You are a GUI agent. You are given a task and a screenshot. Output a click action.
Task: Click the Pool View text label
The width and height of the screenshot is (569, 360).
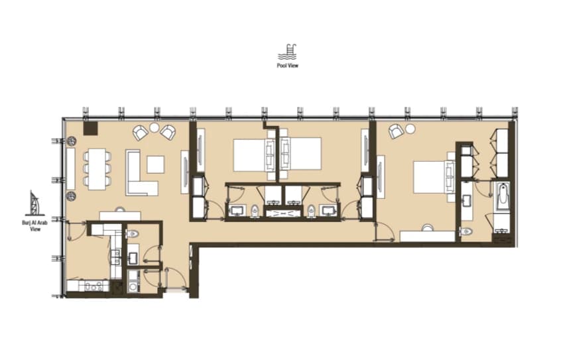click(287, 66)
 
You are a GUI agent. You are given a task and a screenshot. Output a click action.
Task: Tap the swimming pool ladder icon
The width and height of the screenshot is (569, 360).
click(287, 52)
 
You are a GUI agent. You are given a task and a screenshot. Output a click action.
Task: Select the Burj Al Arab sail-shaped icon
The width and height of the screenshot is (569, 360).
click(35, 204)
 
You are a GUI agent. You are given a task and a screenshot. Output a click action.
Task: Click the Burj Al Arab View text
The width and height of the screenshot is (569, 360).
click(35, 225)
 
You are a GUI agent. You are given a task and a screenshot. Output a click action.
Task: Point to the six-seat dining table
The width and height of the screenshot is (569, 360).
click(97, 169)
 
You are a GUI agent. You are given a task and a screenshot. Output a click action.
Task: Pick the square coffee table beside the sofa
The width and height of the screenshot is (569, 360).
click(155, 164)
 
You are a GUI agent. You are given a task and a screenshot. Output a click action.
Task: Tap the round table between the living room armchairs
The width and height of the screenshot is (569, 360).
click(155, 127)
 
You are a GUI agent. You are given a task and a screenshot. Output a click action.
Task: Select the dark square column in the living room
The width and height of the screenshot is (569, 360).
click(90, 128)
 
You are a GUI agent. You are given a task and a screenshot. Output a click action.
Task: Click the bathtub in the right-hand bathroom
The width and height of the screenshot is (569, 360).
click(502, 196)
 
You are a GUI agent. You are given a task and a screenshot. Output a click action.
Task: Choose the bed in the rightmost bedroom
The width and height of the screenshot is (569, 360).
click(434, 177)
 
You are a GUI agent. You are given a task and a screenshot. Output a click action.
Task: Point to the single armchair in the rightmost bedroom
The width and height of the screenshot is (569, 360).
click(396, 131)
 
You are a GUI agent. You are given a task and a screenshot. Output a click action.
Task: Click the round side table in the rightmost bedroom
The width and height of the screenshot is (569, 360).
click(410, 129)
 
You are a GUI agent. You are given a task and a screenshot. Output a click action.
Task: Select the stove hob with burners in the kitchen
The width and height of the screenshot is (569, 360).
click(93, 286)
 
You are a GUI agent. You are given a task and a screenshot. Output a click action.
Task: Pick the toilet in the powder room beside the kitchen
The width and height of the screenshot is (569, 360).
click(133, 233)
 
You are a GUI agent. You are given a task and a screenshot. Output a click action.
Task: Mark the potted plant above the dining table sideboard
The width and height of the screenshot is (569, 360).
click(71, 141)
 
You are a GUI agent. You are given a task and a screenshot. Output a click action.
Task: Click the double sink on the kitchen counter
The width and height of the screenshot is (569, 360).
click(116, 257)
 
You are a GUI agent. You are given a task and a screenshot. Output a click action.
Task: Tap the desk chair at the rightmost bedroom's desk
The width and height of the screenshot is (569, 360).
click(428, 228)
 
